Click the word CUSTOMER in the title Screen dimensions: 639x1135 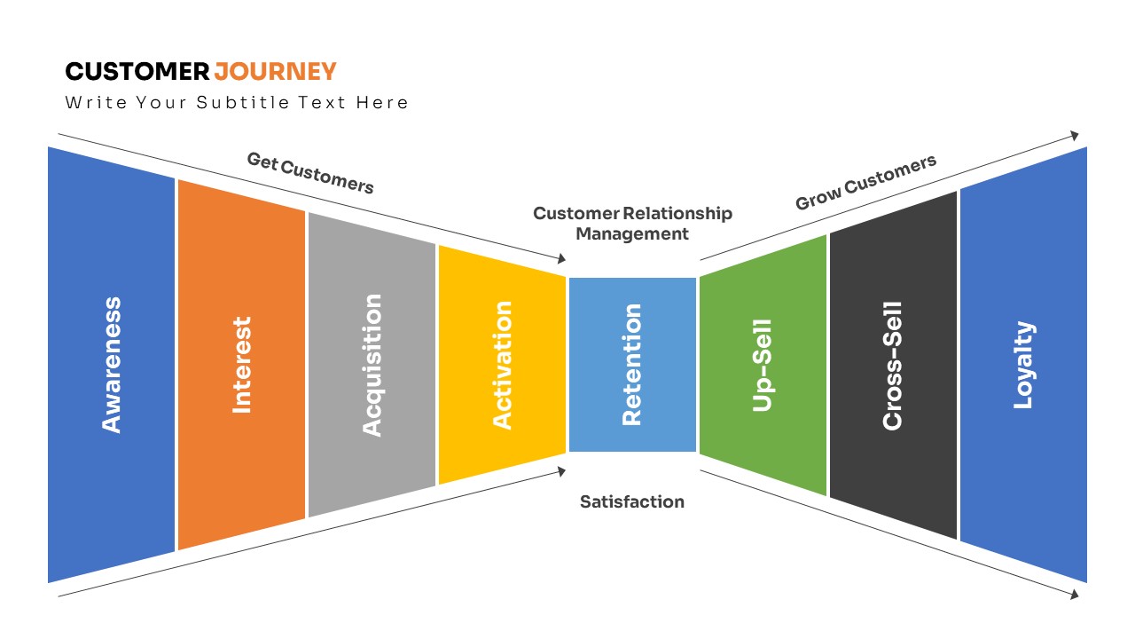coord(137,71)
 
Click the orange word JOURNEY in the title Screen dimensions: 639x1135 coord(275,71)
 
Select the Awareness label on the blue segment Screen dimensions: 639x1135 coord(111,365)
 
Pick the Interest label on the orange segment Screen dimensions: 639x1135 coord(241,365)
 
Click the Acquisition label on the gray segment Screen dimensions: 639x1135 coord(372,365)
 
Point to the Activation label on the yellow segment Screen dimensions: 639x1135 coord(502,365)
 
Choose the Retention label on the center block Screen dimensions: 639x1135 coord(631,365)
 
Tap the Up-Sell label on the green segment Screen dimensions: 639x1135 coord(763,365)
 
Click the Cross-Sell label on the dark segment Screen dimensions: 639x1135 coord(892,365)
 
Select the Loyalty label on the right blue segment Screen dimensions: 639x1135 coord(1023,365)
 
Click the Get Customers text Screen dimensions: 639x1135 coord(310,173)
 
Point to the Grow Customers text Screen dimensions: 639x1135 coord(865,183)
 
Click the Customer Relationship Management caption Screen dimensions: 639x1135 coord(632,224)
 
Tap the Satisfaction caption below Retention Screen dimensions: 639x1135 coord(632,501)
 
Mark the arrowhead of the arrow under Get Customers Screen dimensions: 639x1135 coord(562,259)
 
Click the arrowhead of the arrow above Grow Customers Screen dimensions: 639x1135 coord(1075,136)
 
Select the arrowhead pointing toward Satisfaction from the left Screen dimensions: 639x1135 coord(562,471)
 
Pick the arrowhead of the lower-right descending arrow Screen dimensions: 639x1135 coord(1075,595)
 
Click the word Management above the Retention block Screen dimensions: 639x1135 coord(632,234)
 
